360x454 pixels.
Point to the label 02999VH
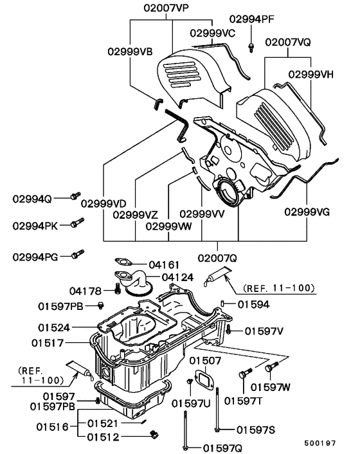pos(310,74)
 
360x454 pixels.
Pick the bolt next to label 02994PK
pos(76,224)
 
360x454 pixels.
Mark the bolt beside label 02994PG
pos(76,255)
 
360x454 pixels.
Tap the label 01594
pos(253,304)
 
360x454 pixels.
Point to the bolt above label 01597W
pos(271,368)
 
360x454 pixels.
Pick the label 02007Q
pos(218,257)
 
